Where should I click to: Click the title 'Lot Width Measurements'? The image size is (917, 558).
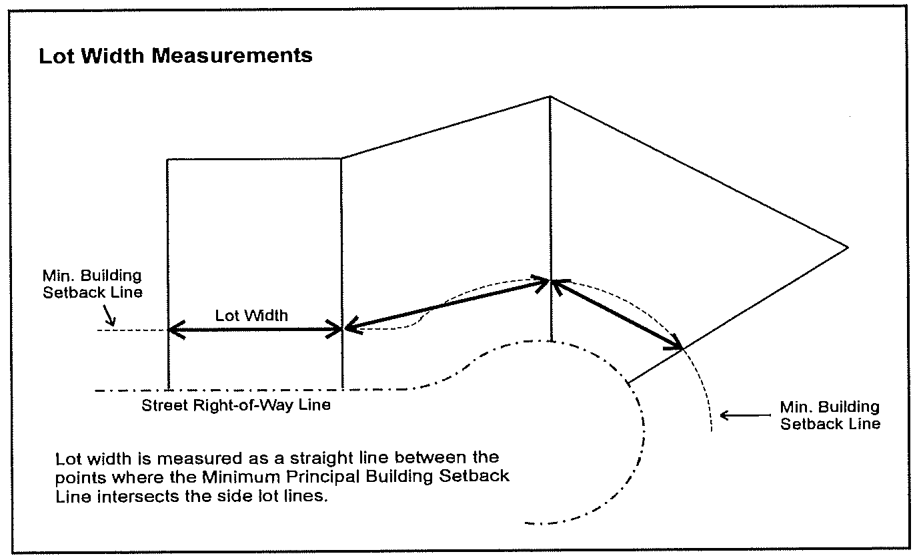[x=175, y=55]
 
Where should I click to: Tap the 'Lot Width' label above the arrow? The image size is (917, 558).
[x=251, y=316]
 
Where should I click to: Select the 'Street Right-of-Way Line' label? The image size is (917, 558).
[x=236, y=405]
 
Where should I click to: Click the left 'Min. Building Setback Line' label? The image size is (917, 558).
[x=93, y=284]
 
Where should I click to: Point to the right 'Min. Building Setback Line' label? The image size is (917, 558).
[x=830, y=415]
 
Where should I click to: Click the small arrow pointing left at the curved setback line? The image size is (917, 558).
[x=745, y=415]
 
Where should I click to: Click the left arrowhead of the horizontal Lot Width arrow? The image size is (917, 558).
[x=176, y=329]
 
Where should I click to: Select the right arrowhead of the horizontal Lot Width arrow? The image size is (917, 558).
[x=334, y=329]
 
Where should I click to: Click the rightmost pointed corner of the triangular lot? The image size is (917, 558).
[x=848, y=247]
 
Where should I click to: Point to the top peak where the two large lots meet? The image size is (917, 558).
[x=550, y=97]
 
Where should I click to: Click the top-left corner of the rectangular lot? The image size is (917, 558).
[x=167, y=160]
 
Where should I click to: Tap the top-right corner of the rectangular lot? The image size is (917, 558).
[x=341, y=159]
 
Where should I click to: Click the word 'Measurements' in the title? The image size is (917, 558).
[x=231, y=55]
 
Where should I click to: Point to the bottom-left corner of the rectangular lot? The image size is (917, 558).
[x=168, y=388]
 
